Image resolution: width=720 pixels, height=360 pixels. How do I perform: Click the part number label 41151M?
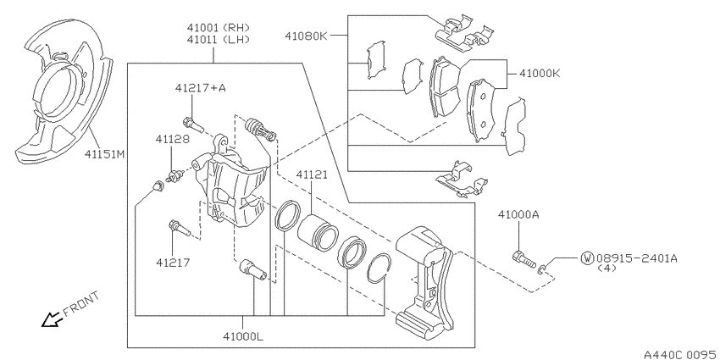tap(104, 154)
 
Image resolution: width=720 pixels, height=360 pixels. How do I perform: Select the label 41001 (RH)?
tap(218, 28)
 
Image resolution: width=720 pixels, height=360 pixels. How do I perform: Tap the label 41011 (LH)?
tap(218, 40)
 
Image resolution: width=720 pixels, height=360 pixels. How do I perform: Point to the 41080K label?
tap(306, 36)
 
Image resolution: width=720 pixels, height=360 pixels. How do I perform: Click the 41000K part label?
tap(540, 73)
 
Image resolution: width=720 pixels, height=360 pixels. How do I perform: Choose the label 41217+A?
tap(200, 88)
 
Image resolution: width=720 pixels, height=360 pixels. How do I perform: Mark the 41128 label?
tap(172, 139)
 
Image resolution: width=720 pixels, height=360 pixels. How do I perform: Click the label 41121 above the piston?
tap(312, 174)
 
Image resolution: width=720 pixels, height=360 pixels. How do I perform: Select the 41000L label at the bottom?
tap(243, 336)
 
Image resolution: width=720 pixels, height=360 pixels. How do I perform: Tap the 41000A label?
tap(519, 214)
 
